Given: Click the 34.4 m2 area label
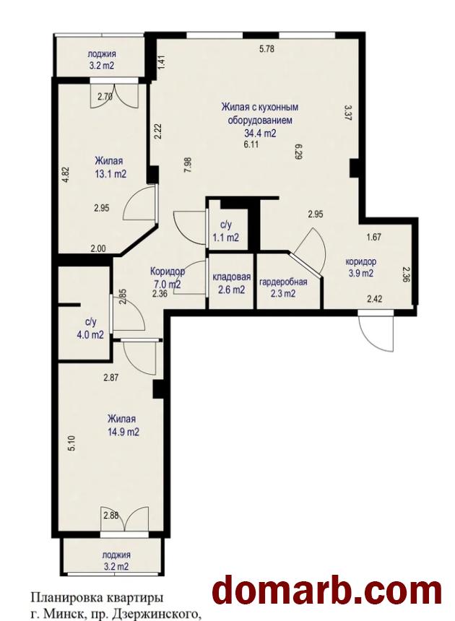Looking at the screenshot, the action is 260,134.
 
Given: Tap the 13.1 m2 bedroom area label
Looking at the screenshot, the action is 109,174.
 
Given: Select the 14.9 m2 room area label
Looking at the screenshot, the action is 123,432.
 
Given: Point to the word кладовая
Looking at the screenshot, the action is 231,277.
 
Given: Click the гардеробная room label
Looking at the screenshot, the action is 283,282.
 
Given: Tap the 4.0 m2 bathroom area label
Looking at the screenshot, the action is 90,334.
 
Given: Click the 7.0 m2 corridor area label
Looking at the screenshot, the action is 167,284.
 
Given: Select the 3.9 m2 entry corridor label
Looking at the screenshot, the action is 360,273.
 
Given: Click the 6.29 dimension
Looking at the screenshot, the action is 299,151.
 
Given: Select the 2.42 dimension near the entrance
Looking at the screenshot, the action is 374,299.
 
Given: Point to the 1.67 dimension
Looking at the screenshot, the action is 374,238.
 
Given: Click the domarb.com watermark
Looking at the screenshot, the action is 326,591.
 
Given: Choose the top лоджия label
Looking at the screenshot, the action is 102,54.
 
